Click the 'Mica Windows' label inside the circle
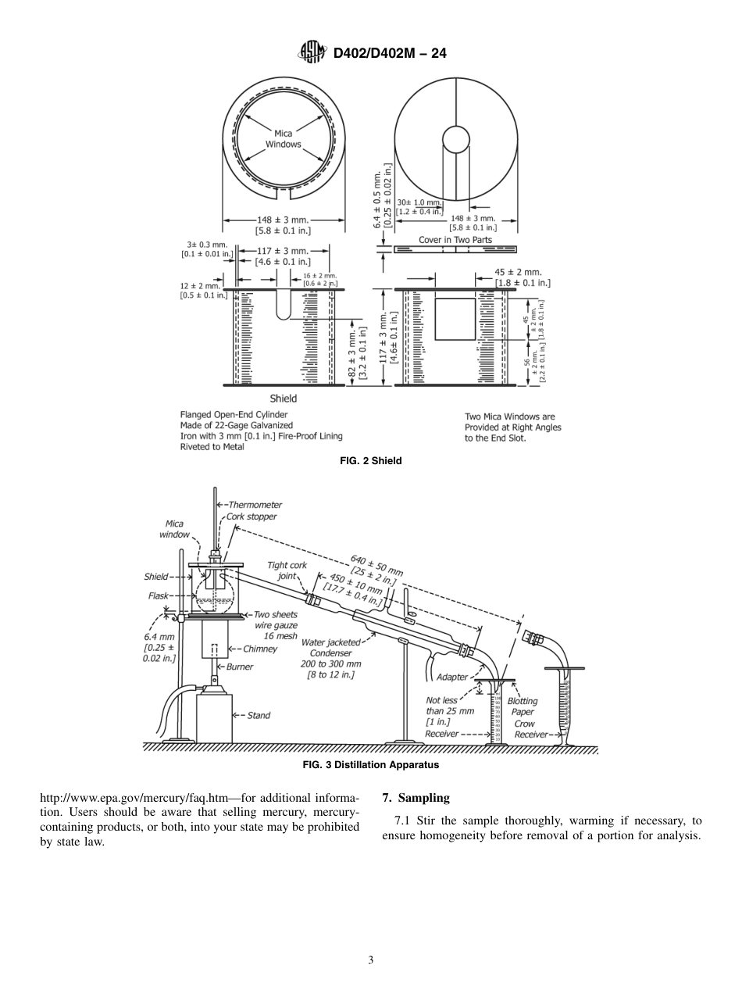pos(283,139)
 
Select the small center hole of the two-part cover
pos(455,139)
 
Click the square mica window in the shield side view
pos(455,319)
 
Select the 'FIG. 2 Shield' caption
pos(371,461)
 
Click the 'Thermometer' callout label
pos(255,505)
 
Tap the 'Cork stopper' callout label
pos(251,517)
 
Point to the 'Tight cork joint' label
pos(287,570)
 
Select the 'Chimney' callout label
pos(259,649)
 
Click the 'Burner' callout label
pos(240,667)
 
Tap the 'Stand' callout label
pos(259,715)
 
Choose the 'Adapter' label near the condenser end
pos(452,677)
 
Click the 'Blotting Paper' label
pos(523,706)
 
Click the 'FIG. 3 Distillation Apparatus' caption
pos(371,765)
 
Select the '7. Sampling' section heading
pos(416,798)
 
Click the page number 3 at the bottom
pos(371,960)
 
